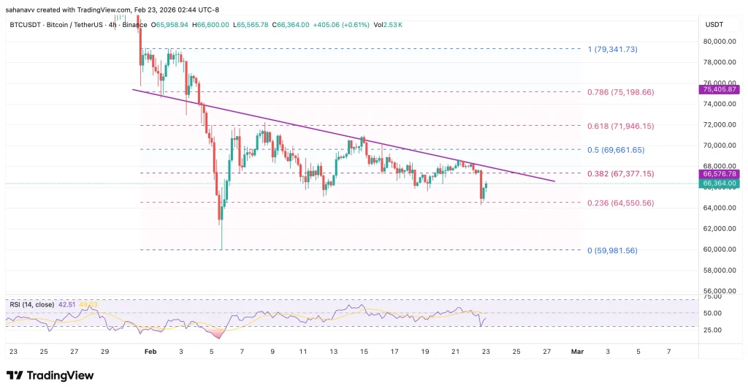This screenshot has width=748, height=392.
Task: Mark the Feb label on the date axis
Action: [150, 352]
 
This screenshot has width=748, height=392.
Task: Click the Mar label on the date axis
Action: [577, 352]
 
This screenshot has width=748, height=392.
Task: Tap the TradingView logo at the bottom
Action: [50, 375]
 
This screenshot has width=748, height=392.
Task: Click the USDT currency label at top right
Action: [714, 25]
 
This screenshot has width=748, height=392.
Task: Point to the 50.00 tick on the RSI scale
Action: [712, 313]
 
